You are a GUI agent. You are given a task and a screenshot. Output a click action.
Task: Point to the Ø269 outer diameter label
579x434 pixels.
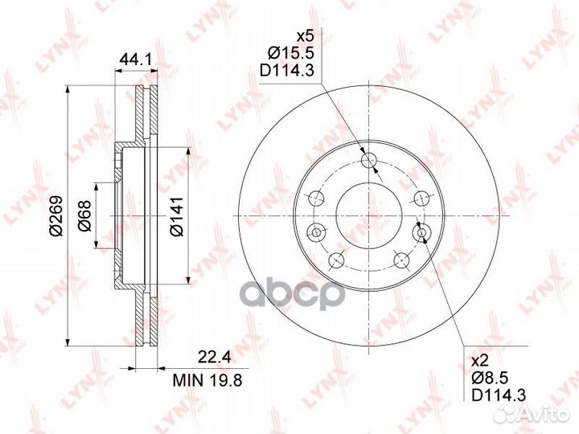click(55, 218)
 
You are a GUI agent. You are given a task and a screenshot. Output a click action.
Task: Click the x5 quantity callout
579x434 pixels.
click(304, 37)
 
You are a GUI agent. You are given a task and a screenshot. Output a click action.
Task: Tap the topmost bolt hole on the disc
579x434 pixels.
click(370, 162)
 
